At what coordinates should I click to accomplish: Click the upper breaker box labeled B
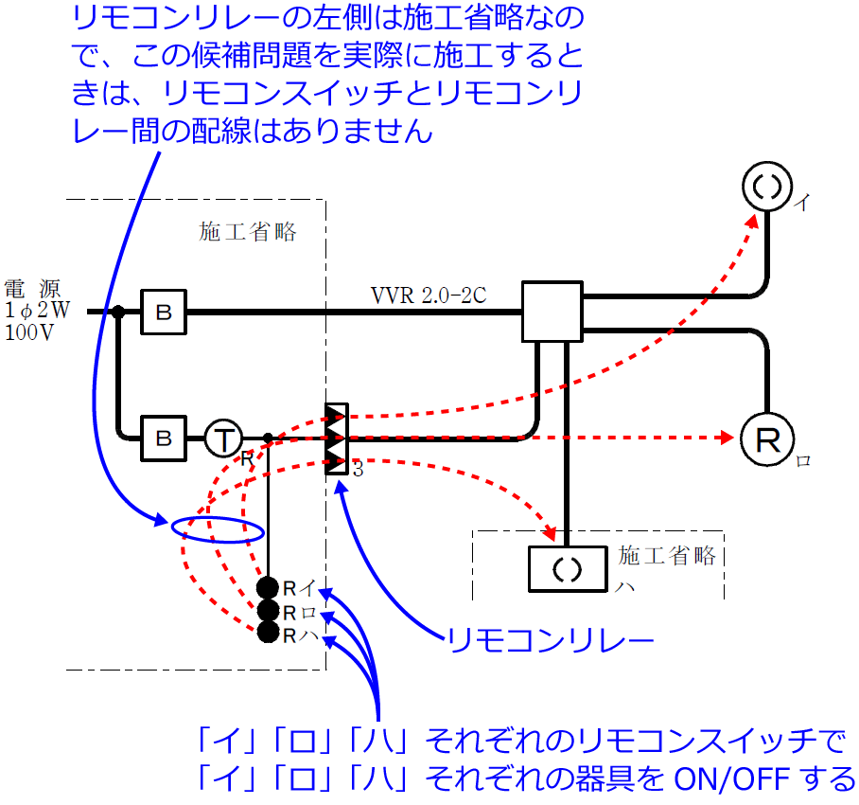[x=164, y=312]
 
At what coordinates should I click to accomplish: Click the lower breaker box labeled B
[x=164, y=438]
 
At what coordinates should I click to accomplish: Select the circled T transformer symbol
[x=223, y=438]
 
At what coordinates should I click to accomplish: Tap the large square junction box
[x=552, y=312]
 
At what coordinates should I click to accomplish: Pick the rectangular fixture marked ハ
[x=566, y=570]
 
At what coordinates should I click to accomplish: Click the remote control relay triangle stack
[x=336, y=438]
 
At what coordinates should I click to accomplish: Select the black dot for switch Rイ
[x=269, y=588]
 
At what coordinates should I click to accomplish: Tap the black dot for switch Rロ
[x=269, y=611]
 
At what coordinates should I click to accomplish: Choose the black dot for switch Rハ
[x=269, y=633]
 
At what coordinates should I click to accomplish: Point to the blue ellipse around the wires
[x=219, y=528]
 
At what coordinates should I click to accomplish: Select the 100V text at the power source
[x=30, y=332]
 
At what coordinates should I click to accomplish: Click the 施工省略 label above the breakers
[x=247, y=232]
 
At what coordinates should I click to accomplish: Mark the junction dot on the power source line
[x=118, y=312]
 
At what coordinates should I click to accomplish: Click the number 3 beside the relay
[x=358, y=469]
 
